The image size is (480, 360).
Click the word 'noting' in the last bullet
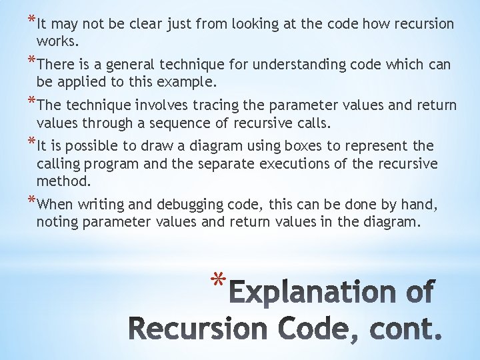pos(57,222)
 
